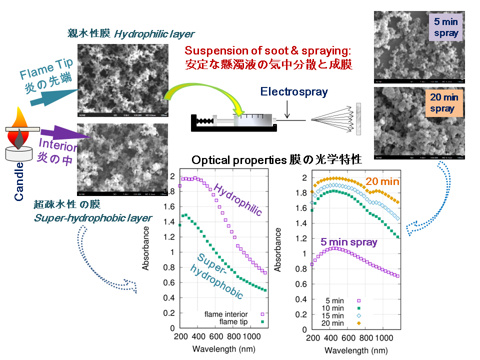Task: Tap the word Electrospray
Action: tap(294, 91)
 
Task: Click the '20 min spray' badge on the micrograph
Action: tap(442, 103)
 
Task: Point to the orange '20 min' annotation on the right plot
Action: tap(382, 181)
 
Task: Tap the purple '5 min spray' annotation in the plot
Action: tap(349, 242)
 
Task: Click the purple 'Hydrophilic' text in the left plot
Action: tap(238, 199)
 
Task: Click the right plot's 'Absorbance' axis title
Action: tap(278, 250)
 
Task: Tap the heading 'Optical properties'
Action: tap(239, 160)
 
